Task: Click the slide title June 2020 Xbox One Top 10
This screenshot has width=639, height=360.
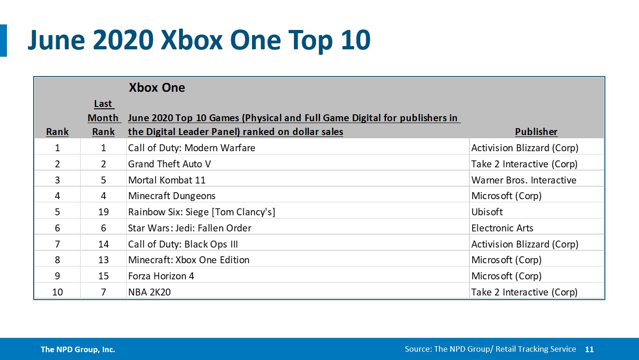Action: pos(199,40)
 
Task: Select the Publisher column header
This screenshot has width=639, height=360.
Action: pos(536,132)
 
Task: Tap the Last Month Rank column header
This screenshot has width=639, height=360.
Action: pos(103,118)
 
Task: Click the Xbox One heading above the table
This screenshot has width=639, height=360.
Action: pos(157,88)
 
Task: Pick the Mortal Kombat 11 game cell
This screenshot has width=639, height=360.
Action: pos(167,180)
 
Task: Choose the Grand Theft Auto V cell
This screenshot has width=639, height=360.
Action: pos(170,164)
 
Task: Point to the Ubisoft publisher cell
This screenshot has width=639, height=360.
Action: pos(487,212)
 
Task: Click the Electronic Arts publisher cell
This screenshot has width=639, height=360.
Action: pos(502,228)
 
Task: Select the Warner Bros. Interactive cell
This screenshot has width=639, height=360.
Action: pos(523,180)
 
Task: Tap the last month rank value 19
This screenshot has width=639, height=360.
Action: pos(103,212)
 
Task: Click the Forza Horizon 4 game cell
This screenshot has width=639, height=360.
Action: pos(161,276)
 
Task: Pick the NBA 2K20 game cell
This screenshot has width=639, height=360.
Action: pos(149,292)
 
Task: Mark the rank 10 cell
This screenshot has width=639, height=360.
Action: pos(57,292)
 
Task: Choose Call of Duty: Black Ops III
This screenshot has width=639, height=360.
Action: pos(183,244)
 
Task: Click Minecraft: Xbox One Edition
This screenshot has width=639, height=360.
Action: pos(188,260)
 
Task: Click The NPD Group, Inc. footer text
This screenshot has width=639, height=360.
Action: pos(78,349)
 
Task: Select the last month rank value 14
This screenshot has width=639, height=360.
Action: pos(103,244)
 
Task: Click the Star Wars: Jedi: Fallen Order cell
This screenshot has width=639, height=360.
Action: pos(189,228)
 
